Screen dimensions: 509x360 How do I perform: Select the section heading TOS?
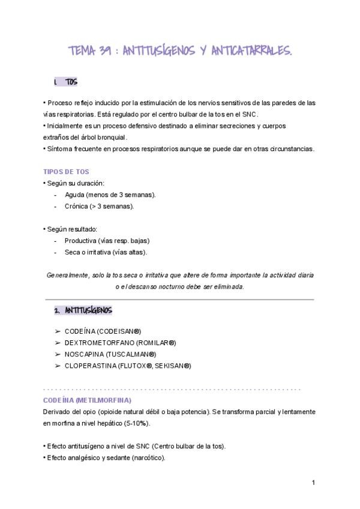71,82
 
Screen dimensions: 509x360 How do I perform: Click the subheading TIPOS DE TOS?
67,171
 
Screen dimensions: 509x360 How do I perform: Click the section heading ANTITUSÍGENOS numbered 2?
88,310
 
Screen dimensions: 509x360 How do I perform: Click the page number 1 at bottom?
313,482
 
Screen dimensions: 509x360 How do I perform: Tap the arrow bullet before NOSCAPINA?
57,354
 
